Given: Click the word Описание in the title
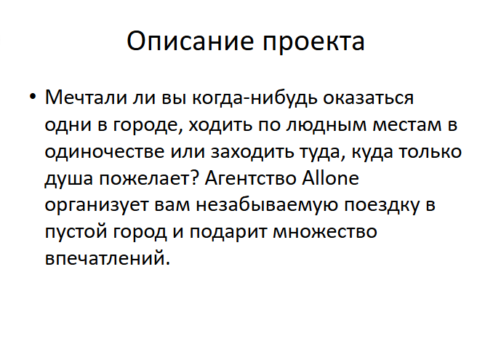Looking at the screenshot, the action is click(x=191, y=41).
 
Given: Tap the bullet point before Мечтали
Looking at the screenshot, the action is click(x=33, y=96).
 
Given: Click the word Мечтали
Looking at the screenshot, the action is click(x=86, y=97).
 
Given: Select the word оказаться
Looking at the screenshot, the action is click(x=368, y=98).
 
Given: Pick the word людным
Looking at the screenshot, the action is click(x=326, y=125).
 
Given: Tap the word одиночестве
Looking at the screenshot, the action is click(x=105, y=152).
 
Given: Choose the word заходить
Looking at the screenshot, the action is click(x=251, y=151).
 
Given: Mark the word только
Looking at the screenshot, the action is click(x=430, y=151).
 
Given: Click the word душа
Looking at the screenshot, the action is click(x=69, y=179).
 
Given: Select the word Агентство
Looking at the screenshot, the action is click(x=251, y=177).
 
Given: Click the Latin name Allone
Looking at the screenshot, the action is click(x=330, y=177).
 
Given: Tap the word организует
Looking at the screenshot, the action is click(x=97, y=206).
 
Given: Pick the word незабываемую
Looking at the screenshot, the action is click(x=268, y=204).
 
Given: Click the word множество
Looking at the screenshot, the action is click(x=325, y=232).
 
